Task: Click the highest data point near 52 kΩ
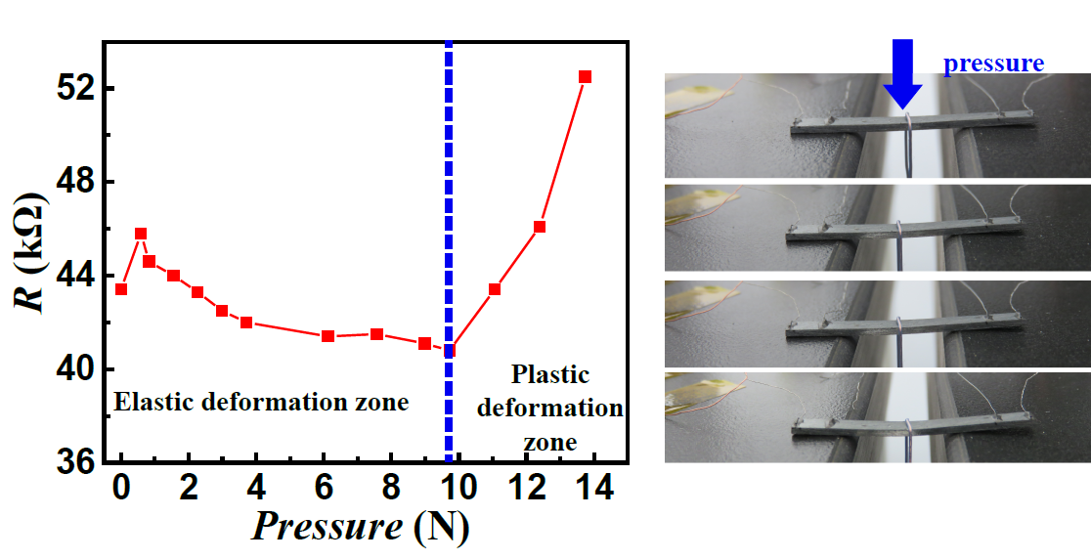[586, 76]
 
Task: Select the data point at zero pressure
[121, 288]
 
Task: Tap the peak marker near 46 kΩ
[141, 234]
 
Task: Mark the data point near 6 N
[327, 336]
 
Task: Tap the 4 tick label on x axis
[256, 489]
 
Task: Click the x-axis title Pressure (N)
[361, 528]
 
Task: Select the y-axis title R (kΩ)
[32, 255]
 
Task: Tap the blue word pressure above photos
[993, 64]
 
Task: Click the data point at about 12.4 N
[540, 227]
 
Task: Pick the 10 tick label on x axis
[458, 489]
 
